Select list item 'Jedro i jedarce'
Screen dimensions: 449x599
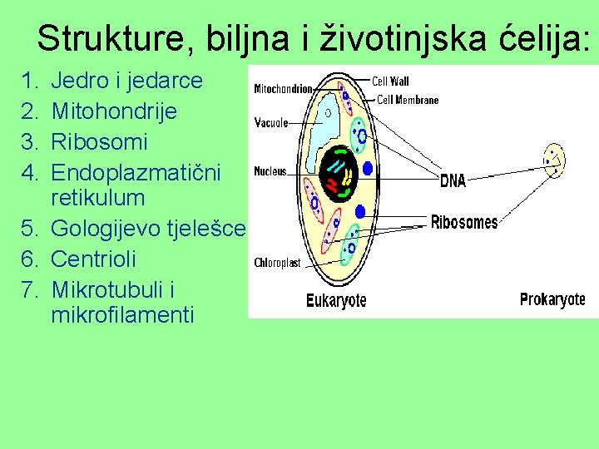coord(126,81)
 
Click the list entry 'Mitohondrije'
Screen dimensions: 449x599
coord(114,111)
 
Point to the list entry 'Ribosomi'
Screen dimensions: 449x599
coord(99,141)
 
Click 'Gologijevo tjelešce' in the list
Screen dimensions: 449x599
coord(148,229)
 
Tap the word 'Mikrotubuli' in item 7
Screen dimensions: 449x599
coord(106,289)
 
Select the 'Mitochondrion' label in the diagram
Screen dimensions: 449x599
coord(283,88)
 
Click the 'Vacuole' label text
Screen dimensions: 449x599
coord(271,122)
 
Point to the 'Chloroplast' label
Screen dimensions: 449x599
coord(277,263)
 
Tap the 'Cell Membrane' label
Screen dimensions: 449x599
coord(408,100)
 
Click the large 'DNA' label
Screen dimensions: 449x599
coord(453,180)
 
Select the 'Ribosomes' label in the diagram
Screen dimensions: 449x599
coord(463,222)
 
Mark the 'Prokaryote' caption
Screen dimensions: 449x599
coord(552,299)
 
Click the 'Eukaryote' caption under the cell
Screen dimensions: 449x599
coord(336,300)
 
